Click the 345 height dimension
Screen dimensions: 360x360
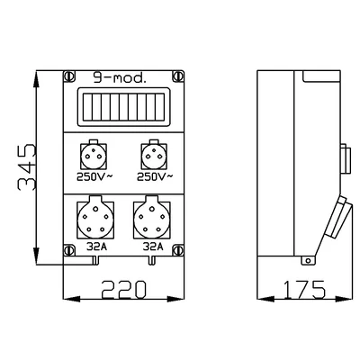[27, 167]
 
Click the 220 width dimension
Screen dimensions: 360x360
[123, 290]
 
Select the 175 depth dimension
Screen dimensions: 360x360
[304, 290]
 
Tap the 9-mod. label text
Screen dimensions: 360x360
[120, 78]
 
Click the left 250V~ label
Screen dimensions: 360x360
[94, 177]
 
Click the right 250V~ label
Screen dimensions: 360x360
[155, 177]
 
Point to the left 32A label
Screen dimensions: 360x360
[97, 247]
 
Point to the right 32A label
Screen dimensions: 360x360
[153, 247]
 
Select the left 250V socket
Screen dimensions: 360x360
[94, 156]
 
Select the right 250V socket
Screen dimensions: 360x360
[154, 156]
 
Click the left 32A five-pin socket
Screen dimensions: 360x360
[95, 219]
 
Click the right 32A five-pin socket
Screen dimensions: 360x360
[152, 219]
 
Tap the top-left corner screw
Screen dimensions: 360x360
[68, 76]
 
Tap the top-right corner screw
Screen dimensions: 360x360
[178, 76]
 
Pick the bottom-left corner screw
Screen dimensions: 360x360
[69, 250]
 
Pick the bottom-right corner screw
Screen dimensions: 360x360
[178, 250]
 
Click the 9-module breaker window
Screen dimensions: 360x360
[123, 107]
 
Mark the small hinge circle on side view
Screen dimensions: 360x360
[308, 260]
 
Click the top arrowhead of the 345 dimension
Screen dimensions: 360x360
[36, 78]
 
